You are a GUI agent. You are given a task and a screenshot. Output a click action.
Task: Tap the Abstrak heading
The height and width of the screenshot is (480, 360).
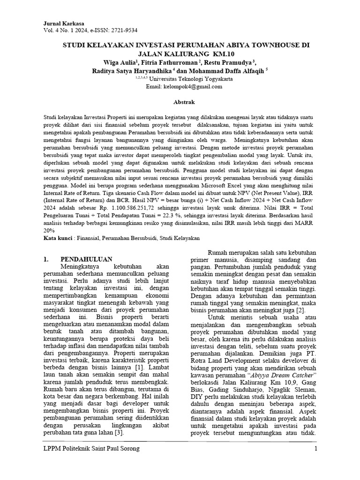(180, 102)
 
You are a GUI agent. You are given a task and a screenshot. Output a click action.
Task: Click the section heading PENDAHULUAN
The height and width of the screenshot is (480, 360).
(86, 259)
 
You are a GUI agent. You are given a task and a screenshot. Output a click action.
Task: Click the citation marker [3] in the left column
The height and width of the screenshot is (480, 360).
(118, 432)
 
